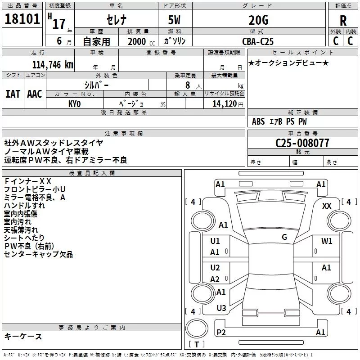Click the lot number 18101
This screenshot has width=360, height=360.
click(22, 19)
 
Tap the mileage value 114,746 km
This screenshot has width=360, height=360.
click(53, 65)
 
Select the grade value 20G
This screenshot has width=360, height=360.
click(258, 20)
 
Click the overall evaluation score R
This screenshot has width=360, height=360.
click(343, 21)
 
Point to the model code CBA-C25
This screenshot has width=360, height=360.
click(258, 41)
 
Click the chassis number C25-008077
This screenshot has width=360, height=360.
click(302, 143)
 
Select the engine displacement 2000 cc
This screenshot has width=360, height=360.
click(141, 41)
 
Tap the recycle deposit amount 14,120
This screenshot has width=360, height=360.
click(225, 104)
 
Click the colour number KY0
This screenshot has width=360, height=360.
click(74, 104)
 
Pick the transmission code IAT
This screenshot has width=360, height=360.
click(13, 94)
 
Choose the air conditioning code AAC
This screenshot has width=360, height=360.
click(35, 94)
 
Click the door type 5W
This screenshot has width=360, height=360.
click(174, 20)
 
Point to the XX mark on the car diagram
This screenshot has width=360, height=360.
click(327, 206)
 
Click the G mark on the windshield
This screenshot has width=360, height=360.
click(284, 237)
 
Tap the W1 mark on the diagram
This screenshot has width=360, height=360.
click(327, 241)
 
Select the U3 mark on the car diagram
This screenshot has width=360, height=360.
click(221, 308)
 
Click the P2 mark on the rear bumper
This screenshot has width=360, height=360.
click(221, 332)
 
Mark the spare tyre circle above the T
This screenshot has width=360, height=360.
click(197, 328)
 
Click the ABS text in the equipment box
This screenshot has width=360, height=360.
click(258, 121)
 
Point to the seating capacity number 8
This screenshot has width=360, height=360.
click(188, 85)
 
